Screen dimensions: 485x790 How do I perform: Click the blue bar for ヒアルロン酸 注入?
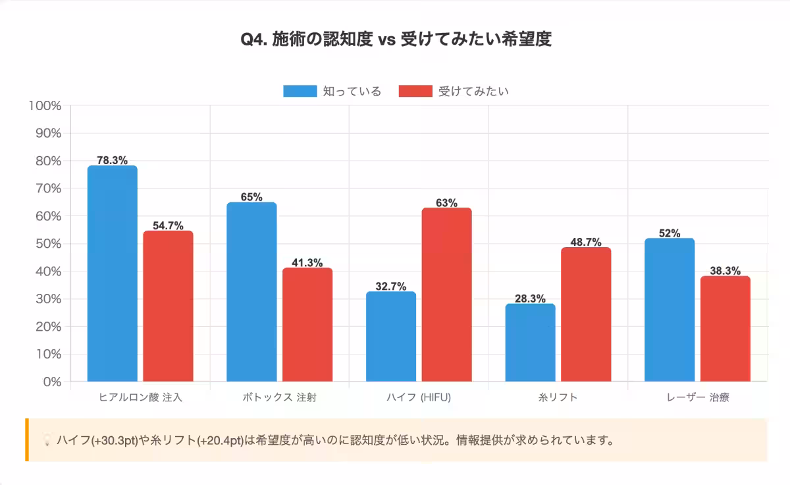pyautogui.click(x=113, y=273)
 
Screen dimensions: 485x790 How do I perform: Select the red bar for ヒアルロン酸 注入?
pyautogui.click(x=168, y=306)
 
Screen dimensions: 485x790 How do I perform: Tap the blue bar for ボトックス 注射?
pyautogui.click(x=251, y=292)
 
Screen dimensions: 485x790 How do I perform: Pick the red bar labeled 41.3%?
pyautogui.click(x=307, y=324)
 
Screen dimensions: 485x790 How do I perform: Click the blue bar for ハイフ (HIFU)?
pyautogui.click(x=391, y=336)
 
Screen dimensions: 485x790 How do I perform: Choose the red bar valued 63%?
pyautogui.click(x=446, y=295)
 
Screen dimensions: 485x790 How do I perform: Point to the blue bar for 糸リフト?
pyautogui.click(x=530, y=343)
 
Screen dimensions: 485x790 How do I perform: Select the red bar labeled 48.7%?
pyautogui.click(x=586, y=314)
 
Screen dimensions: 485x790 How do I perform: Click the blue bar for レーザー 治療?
pyautogui.click(x=670, y=310)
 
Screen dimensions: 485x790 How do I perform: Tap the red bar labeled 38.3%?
pyautogui.click(x=725, y=329)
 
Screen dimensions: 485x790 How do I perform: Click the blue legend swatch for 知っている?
pyautogui.click(x=300, y=91)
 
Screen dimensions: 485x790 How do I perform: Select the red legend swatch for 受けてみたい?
pyautogui.click(x=415, y=91)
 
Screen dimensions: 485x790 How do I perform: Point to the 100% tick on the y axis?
pyautogui.click(x=45, y=105)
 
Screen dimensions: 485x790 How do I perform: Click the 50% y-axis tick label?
pyautogui.click(x=48, y=244)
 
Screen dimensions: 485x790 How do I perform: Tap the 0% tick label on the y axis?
pyautogui.click(x=51, y=382)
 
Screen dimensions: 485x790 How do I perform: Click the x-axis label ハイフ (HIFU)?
pyautogui.click(x=419, y=397)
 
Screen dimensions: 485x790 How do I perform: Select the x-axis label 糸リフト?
pyautogui.click(x=558, y=397)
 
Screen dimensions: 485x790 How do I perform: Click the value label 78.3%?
pyautogui.click(x=112, y=160)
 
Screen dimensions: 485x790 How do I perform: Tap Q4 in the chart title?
pyautogui.click(x=253, y=40)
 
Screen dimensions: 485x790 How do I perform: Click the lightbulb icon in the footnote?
pyautogui.click(x=47, y=440)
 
